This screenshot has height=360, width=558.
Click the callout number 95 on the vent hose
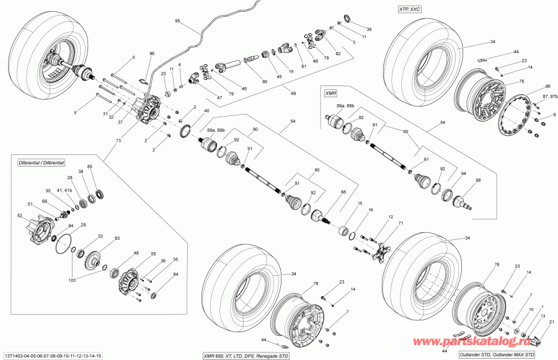tap(177, 22)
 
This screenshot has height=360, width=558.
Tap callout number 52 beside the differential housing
tap(20, 216)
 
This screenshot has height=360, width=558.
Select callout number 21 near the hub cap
tap(552, 322)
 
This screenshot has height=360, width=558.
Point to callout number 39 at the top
tap(369, 29)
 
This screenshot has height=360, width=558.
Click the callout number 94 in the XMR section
tap(463, 174)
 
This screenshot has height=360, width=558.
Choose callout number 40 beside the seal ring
tap(206, 111)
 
